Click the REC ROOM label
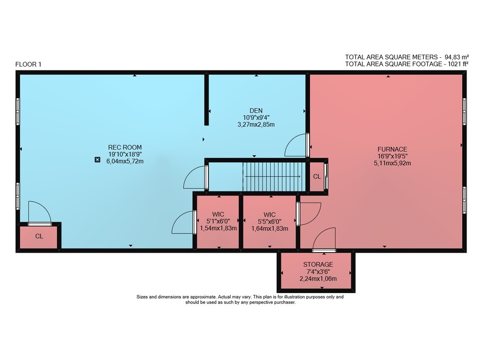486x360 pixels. [x=125, y=147]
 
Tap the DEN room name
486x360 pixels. [x=256, y=111]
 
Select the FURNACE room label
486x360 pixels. [x=392, y=149]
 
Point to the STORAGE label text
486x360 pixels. [x=318, y=265]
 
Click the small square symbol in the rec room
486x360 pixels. [x=98, y=160]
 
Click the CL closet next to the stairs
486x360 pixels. [x=317, y=176]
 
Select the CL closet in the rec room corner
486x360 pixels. [x=39, y=237]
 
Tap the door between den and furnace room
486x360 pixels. [x=296, y=145]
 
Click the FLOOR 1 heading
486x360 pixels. [x=28, y=65]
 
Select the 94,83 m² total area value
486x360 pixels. [x=456, y=57]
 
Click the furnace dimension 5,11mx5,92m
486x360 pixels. [x=392, y=163]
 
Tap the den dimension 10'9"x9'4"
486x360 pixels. [x=256, y=118]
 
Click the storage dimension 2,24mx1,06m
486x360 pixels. [x=318, y=278]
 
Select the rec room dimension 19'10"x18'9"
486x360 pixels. [x=125, y=154]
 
